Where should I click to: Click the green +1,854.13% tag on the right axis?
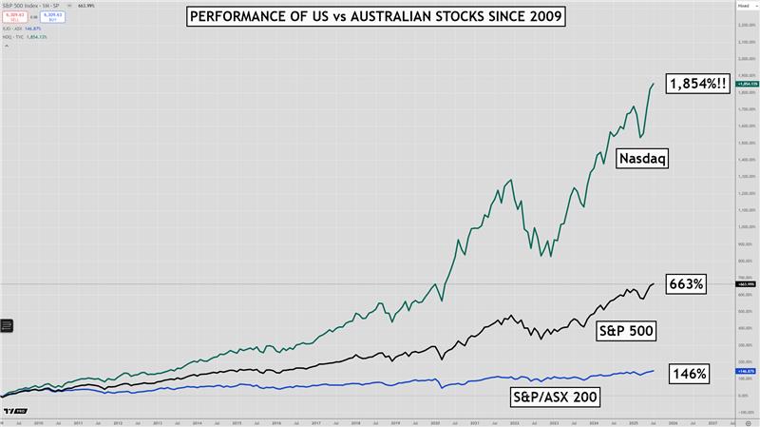click(x=746, y=84)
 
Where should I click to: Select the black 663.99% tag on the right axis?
click(x=746, y=283)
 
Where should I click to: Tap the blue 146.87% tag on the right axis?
click(x=746, y=371)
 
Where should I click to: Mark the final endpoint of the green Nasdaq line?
click(x=654, y=84)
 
